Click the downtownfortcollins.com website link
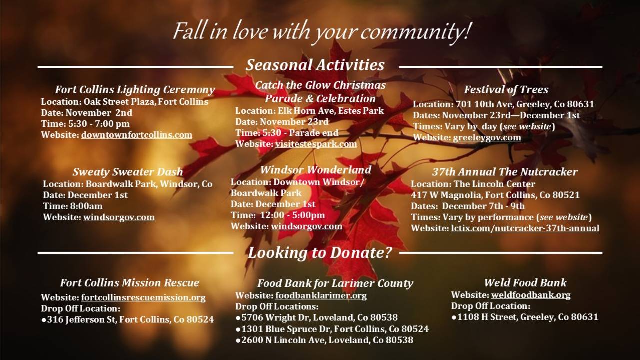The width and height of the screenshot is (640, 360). (x=137, y=135)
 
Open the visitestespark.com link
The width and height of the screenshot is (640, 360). (x=316, y=144)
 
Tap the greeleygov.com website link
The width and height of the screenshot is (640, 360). (x=487, y=137)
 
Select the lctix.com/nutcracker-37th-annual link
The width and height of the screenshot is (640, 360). (x=525, y=228)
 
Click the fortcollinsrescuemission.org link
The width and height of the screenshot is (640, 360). (x=143, y=297)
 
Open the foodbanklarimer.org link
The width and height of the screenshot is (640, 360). (x=321, y=295)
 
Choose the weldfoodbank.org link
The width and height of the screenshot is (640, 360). (x=531, y=295)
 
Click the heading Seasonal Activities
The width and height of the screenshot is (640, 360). (x=315, y=65)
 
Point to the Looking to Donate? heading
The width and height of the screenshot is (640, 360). (x=319, y=253)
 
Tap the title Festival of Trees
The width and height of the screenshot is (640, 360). (x=506, y=89)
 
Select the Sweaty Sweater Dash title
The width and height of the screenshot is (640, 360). (x=127, y=172)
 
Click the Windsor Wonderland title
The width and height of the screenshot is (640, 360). (x=316, y=170)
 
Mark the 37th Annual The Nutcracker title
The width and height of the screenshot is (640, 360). (x=505, y=172)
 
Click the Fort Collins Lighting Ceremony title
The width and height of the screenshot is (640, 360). (x=135, y=90)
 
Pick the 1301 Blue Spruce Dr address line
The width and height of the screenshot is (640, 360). (x=332, y=329)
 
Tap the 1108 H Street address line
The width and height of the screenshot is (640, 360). (x=525, y=317)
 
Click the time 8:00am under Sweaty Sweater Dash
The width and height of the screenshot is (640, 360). (x=85, y=206)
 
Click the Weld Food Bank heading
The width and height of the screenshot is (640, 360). (x=525, y=283)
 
